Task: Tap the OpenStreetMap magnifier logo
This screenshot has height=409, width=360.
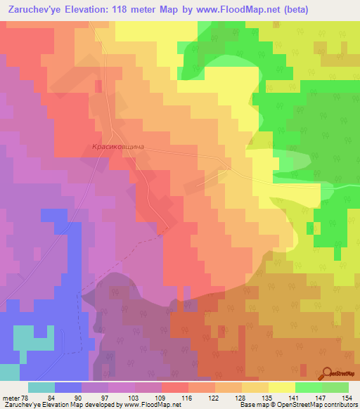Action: point(328,374)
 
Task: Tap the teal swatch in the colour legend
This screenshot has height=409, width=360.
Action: point(41,387)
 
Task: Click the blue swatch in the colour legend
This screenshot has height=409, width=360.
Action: point(68,387)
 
